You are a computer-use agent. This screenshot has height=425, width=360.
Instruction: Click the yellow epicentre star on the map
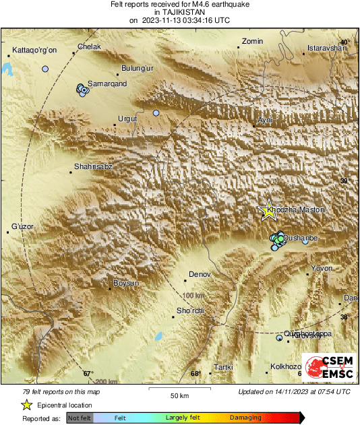point(268,210)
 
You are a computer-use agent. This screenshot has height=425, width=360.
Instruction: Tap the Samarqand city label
point(108,84)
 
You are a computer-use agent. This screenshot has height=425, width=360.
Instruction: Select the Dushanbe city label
point(299,238)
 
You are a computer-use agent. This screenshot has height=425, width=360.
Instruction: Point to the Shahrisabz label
point(93,166)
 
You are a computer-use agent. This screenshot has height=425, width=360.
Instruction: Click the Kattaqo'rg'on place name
point(32,51)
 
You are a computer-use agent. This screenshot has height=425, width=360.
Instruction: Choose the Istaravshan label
point(326,48)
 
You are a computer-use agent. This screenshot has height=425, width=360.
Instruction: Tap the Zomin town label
point(252,42)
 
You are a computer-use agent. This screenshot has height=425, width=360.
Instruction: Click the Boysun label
point(125,283)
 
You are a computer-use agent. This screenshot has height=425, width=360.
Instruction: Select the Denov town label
point(200,275)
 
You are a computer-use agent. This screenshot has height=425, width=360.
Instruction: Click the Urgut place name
point(127,119)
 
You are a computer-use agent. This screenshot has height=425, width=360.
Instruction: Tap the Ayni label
point(265,119)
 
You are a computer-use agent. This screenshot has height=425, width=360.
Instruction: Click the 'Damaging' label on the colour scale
point(245,418)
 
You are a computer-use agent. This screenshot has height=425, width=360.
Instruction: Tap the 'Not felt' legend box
point(80,418)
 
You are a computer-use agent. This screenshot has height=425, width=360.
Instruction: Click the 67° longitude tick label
point(88,373)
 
